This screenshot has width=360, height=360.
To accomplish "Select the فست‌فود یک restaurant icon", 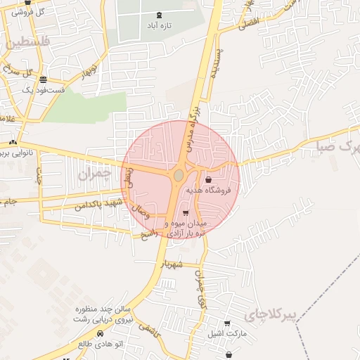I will (44, 79).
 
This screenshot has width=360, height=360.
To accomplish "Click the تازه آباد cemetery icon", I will (159, 15).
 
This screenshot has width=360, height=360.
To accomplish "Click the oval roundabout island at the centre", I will (179, 174).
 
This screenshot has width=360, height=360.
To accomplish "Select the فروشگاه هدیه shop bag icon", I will (207, 180).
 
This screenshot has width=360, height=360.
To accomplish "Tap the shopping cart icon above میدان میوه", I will (185, 213).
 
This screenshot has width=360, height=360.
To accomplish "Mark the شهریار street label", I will (171, 264).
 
